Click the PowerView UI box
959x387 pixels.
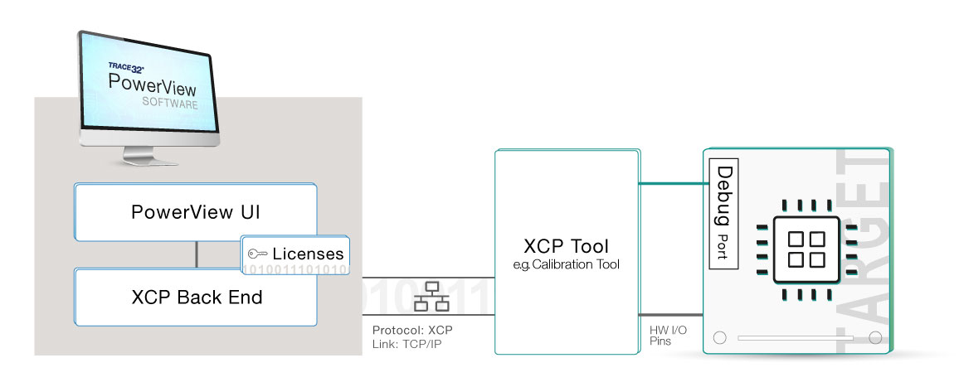[x=196, y=211]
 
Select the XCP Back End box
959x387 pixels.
[x=196, y=297]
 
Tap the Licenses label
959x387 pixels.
[x=307, y=254]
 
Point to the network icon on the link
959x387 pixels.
[x=430, y=296]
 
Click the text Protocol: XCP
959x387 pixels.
[x=412, y=330]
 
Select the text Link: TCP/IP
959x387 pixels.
[x=407, y=343]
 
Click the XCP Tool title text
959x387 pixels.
[x=566, y=246]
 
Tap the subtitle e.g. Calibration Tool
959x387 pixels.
[x=566, y=264]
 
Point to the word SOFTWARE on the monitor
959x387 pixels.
[x=169, y=105]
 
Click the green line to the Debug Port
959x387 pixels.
[x=672, y=183]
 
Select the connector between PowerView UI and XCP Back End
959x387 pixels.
[x=196, y=254]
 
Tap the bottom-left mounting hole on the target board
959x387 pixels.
[x=719, y=338]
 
